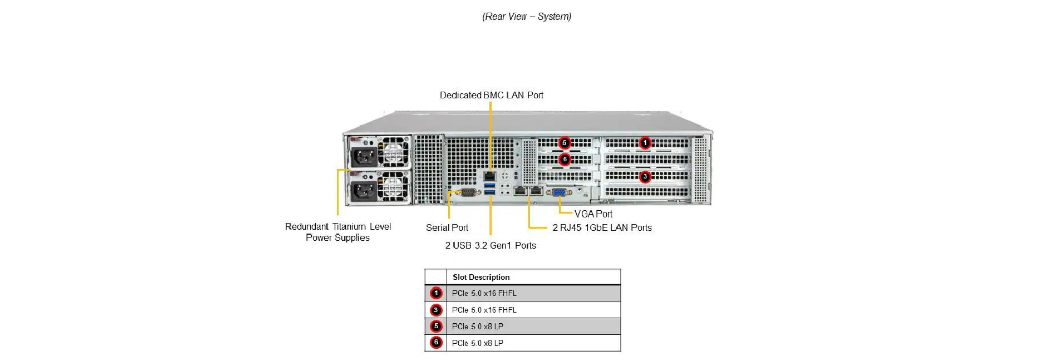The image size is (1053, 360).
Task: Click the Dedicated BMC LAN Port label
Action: point(491,95)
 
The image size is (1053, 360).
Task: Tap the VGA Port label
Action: point(593,214)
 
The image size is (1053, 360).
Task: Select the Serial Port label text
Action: point(447,228)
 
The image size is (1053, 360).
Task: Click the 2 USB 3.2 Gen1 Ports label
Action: point(490,246)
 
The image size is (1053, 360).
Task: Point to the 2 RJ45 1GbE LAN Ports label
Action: point(602,228)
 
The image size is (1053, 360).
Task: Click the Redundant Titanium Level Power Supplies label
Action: point(338,232)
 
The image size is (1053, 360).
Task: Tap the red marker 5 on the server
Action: point(565,142)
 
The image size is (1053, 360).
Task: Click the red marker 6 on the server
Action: point(565,159)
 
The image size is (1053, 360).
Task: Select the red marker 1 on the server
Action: point(645,142)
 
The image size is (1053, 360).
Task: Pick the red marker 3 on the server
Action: point(645,177)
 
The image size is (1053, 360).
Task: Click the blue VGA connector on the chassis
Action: point(559,193)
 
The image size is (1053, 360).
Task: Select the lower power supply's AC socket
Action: point(364,190)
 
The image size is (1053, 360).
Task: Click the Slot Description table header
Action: point(481,277)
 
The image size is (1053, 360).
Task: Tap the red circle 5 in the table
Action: point(436,327)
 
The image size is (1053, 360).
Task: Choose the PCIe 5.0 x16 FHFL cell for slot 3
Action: point(484,310)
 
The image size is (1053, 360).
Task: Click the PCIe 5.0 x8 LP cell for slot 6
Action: point(478,343)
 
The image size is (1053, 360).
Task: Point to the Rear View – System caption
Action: point(526,16)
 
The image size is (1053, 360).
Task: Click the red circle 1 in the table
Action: point(436,293)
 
